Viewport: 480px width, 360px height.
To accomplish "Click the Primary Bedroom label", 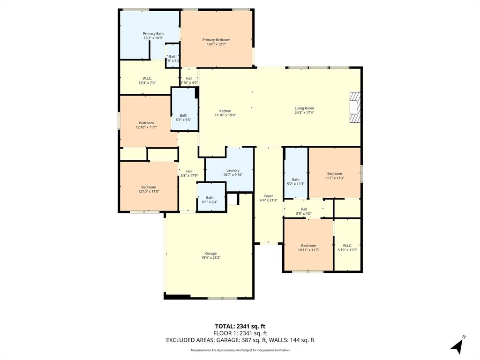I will coord(216,40).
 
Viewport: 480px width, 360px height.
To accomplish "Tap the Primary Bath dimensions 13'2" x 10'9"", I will coord(153,38).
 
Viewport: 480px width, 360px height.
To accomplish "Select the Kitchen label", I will coord(225,111).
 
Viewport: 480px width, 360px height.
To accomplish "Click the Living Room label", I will coord(304,108).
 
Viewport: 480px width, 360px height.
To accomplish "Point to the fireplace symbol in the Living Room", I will coord(355,107).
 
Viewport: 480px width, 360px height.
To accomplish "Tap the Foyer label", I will coord(269,196).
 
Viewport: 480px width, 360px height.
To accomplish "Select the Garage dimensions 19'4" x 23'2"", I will coord(210,257).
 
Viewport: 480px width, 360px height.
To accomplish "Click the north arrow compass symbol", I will coord(458,345).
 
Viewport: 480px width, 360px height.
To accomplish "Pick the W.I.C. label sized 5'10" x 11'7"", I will coord(347,246).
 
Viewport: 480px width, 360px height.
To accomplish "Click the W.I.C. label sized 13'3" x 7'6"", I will coord(147,78).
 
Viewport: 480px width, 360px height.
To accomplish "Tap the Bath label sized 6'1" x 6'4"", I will coord(210,197).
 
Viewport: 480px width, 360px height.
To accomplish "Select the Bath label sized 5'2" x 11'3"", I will coord(296,180).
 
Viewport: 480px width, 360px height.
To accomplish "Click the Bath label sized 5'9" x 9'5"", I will coord(183,115).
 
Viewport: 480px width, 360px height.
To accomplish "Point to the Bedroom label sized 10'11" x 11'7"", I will coord(308,246).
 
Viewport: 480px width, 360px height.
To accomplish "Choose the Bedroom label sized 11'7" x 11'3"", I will coord(334,173).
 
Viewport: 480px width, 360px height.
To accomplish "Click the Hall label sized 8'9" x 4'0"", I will coord(304,209).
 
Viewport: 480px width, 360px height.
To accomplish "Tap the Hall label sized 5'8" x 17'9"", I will coord(189,171).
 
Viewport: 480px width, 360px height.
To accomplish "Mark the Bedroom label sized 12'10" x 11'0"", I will coord(149,187).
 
